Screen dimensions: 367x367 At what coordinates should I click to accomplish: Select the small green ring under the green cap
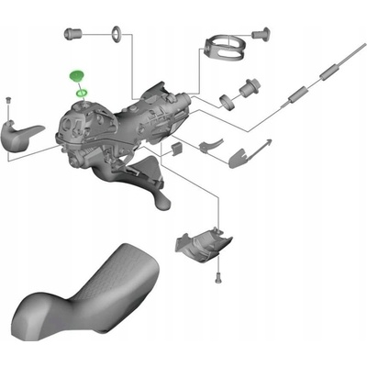(82, 92)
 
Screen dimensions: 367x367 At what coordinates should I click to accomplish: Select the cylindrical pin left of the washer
(73, 33)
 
